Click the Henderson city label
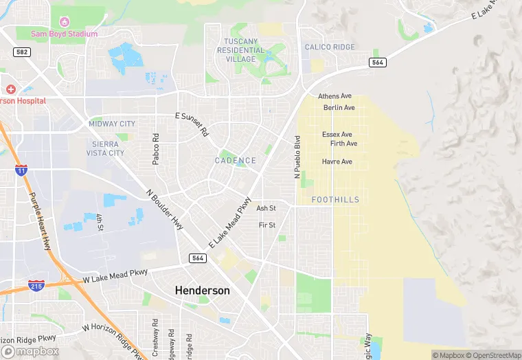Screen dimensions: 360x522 [x=202, y=291]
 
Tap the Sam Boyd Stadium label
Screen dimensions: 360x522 [x=65, y=34]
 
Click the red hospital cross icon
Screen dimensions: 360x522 [x=10, y=89]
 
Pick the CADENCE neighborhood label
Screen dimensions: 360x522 [x=236, y=161]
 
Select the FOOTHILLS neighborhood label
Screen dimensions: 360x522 [x=335, y=199]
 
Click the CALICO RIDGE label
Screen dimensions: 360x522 [x=330, y=47]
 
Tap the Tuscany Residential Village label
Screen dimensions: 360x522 [x=240, y=50]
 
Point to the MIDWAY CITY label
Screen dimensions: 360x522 [x=112, y=124]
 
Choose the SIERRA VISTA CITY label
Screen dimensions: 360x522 [x=108, y=148]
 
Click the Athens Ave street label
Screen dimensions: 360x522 [x=335, y=96]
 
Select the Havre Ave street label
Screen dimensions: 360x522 [x=337, y=162]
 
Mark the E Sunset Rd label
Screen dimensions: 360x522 [x=192, y=124]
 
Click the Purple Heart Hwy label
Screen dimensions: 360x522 [x=40, y=221]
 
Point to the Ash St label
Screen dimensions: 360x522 [x=266, y=208]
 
